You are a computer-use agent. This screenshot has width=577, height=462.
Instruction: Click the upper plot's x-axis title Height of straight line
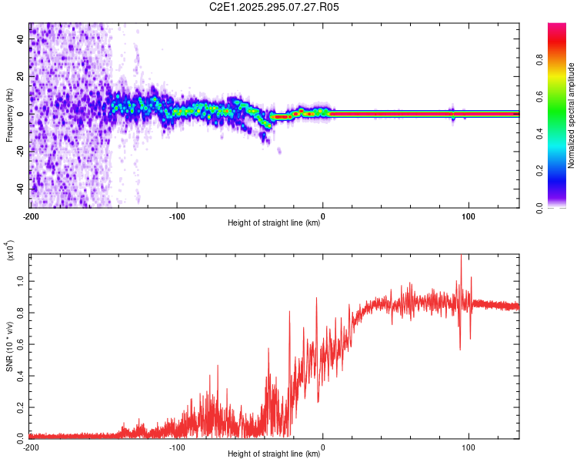274,223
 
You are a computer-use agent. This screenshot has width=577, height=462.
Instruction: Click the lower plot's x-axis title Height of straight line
274,454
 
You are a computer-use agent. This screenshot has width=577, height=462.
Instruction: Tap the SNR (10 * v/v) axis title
10,346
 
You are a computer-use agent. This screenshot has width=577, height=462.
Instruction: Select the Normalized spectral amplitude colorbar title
572,115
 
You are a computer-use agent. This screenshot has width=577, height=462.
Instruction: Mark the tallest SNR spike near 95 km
461,257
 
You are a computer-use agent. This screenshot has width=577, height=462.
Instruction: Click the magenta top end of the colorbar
557,27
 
